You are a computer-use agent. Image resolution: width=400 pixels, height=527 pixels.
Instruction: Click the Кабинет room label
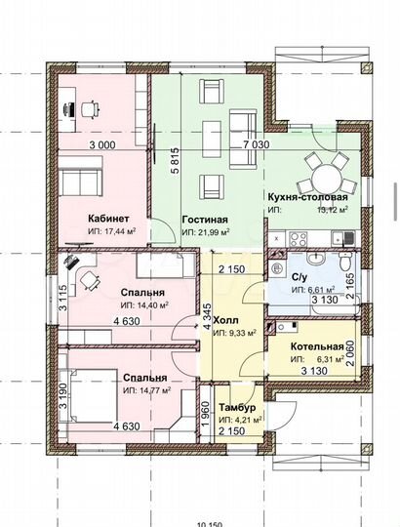click(x=108, y=219)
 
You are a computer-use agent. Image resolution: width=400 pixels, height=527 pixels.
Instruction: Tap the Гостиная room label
click(x=205, y=220)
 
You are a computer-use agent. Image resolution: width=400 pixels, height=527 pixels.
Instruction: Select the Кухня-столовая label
click(x=307, y=197)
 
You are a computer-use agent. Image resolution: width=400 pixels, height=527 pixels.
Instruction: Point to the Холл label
click(x=225, y=319)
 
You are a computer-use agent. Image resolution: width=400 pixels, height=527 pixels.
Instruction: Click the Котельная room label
click(x=317, y=346)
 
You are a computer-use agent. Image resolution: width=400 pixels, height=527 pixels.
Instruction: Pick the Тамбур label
click(x=237, y=407)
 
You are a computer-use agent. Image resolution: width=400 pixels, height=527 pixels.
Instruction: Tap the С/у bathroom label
click(x=300, y=277)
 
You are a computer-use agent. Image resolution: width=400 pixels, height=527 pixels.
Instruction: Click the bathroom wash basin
click(x=315, y=258)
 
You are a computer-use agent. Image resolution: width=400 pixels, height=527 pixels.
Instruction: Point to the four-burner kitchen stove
click(x=298, y=239)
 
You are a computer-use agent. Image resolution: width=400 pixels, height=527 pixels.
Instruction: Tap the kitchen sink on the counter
click(x=342, y=238)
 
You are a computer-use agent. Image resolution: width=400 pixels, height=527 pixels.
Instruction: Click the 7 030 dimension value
click(x=257, y=144)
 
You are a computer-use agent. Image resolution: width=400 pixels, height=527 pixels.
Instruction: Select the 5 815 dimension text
click(x=175, y=161)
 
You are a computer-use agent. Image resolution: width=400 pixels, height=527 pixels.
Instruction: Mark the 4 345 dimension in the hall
click(x=207, y=316)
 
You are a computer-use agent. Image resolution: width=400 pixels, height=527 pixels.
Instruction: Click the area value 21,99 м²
click(x=206, y=232)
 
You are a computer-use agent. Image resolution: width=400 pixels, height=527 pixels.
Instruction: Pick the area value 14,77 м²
click(x=147, y=390)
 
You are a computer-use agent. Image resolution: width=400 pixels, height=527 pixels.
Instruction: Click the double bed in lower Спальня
click(x=89, y=395)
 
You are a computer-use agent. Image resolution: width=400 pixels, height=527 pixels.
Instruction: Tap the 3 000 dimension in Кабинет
click(x=102, y=145)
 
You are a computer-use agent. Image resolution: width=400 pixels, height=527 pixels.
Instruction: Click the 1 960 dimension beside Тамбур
click(x=205, y=415)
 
